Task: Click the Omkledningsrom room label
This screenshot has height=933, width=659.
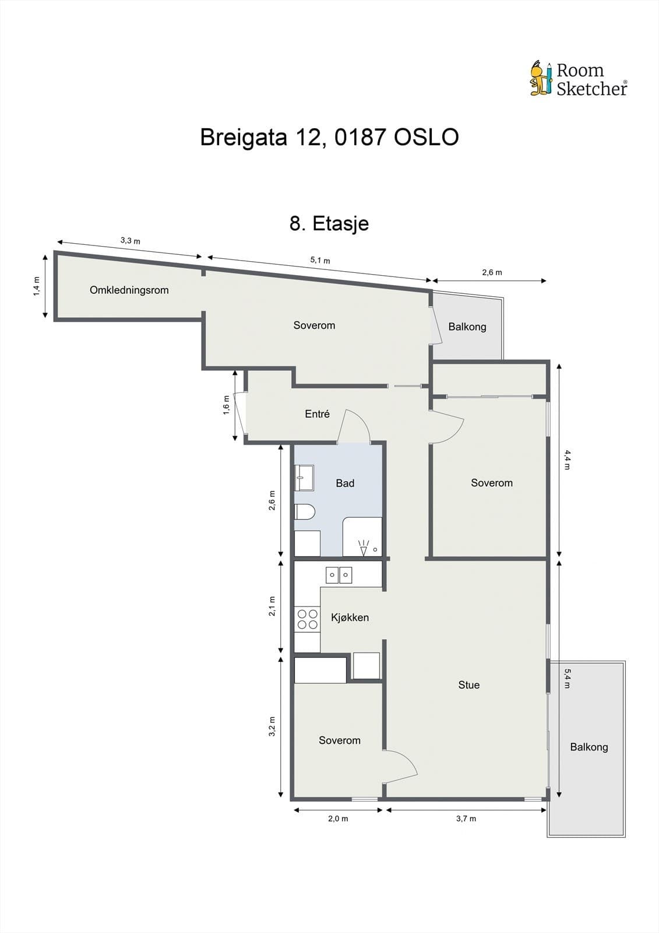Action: [129, 290]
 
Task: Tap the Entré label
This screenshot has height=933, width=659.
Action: [317, 414]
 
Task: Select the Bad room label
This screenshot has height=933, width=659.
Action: [345, 483]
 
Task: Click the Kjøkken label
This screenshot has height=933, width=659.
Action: [350, 618]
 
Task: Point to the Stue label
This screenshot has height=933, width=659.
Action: [468, 685]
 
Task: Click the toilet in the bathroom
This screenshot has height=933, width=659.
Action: [304, 512]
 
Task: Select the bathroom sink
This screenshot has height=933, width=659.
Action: [304, 478]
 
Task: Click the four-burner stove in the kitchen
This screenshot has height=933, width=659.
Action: [307, 619]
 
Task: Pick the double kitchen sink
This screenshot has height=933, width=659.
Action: [339, 576]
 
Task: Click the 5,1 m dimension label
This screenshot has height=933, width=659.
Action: [320, 260]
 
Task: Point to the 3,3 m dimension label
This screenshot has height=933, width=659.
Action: [130, 240]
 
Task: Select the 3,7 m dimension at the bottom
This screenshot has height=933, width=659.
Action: [466, 819]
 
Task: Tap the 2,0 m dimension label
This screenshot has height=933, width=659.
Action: [338, 819]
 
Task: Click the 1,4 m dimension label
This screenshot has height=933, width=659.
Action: [36, 286]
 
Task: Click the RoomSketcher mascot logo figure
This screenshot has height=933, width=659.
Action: [541, 78]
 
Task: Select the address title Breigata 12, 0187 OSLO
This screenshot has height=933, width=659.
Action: [329, 138]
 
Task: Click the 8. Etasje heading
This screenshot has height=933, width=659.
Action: [329, 223]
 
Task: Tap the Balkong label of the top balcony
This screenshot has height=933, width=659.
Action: [467, 327]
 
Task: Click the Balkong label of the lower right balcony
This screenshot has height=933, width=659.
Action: [588, 747]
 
